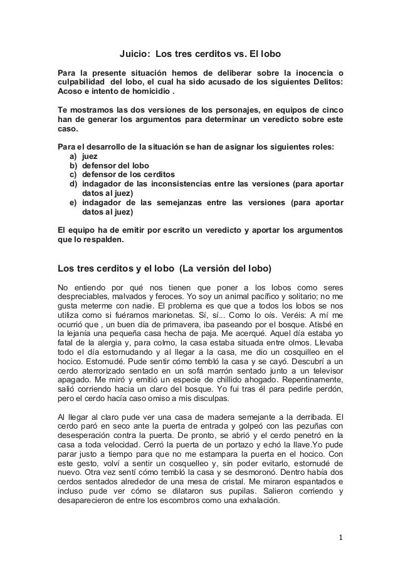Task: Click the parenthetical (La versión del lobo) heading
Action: (x=225, y=270)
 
